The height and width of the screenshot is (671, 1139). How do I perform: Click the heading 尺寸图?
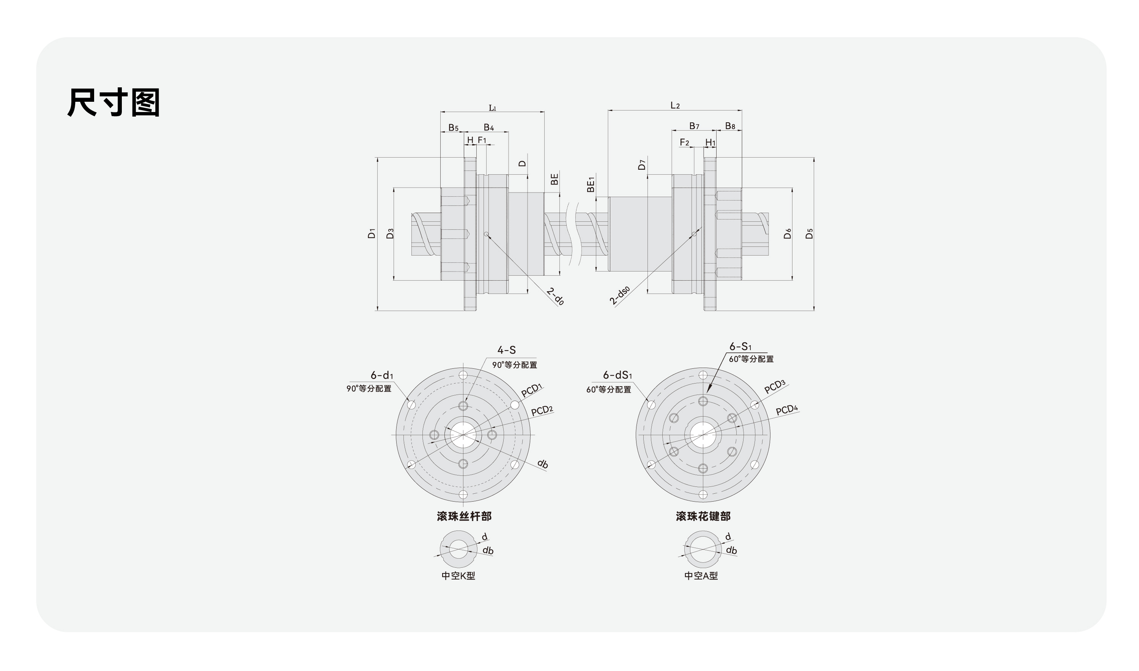[114, 103]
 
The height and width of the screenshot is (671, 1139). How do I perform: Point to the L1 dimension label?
[493, 108]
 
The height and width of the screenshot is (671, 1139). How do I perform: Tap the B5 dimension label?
[453, 128]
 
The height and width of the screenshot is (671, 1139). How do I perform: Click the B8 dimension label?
[730, 126]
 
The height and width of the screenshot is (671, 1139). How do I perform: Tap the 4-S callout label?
[506, 350]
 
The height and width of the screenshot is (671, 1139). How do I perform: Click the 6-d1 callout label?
[382, 375]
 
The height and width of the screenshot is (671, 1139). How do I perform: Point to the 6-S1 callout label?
[740, 347]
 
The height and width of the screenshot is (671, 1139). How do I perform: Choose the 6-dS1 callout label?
[617, 375]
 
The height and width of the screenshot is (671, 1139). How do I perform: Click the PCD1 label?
[531, 390]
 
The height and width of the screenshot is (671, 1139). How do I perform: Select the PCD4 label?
[786, 410]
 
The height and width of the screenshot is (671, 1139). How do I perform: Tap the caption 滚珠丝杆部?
[464, 516]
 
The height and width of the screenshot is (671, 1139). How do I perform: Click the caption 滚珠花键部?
[703, 516]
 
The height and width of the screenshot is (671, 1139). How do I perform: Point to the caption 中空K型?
[458, 576]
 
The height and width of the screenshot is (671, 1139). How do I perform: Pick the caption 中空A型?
[701, 576]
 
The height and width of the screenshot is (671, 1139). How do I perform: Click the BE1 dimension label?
[591, 185]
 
